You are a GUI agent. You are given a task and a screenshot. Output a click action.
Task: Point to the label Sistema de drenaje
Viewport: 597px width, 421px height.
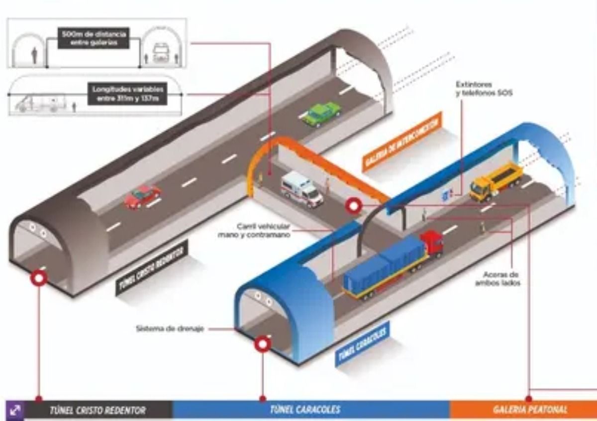[x=170, y=329]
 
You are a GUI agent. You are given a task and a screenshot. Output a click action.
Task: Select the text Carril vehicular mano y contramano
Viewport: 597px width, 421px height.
[x=254, y=230]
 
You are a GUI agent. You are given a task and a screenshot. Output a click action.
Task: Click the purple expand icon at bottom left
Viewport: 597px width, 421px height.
[x=14, y=410]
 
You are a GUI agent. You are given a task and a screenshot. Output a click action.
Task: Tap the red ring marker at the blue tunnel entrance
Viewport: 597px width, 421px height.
[x=262, y=344]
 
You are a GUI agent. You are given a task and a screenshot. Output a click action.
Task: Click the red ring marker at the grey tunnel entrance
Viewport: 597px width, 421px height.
[x=39, y=278]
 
